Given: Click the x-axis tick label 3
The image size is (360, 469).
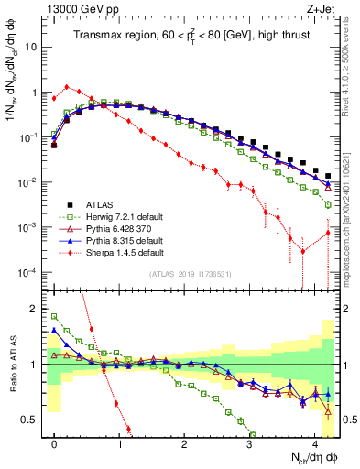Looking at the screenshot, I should [250, 443].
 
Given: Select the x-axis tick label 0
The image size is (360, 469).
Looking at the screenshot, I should [54, 443].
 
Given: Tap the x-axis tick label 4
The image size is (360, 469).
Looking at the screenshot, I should [315, 443].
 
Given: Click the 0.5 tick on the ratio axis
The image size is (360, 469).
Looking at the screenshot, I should [35, 420].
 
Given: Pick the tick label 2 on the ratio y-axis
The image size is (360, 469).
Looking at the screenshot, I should [38, 308].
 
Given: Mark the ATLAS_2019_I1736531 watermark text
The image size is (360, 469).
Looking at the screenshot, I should [190, 273].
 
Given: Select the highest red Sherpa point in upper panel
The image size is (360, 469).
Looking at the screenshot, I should [67, 87].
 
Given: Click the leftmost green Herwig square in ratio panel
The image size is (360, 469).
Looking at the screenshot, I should [54, 317].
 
